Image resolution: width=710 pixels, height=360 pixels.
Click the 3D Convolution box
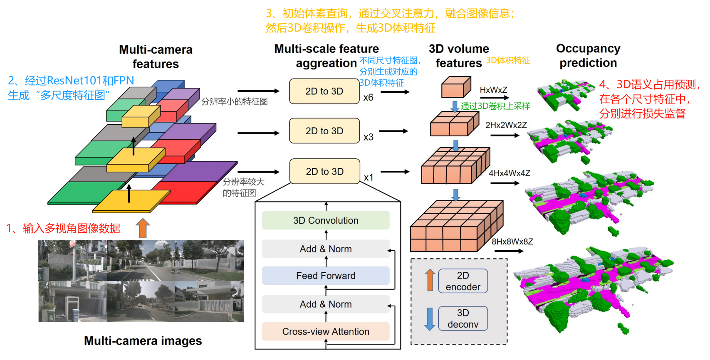[x=326, y=220]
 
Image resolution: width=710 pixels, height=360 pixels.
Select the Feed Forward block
[x=326, y=276]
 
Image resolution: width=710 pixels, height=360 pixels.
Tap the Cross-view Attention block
[x=326, y=331]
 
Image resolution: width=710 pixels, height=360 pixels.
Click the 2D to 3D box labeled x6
[x=324, y=91]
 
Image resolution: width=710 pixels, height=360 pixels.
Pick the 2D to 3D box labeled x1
[x=324, y=171]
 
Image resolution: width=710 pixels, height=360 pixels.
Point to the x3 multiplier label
[x=368, y=137]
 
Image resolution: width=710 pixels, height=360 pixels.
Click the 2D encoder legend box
[x=463, y=281]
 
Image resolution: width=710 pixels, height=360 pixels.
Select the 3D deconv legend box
[x=463, y=318]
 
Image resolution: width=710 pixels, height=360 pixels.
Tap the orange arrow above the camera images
[x=143, y=228]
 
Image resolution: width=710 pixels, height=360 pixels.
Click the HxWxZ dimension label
[x=493, y=90]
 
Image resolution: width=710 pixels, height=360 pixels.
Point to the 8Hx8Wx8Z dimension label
[x=512, y=242]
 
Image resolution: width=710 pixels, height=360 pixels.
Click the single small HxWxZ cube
[x=456, y=87]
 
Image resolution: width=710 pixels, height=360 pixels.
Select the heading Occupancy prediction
[x=588, y=56]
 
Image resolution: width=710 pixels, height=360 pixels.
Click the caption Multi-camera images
[x=143, y=341]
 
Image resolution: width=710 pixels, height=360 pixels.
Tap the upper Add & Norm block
[x=326, y=249]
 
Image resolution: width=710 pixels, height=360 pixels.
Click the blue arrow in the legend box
[x=430, y=319]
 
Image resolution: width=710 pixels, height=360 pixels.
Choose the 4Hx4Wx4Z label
[x=509, y=173]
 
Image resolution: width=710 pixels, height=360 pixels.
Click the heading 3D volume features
[x=459, y=56]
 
